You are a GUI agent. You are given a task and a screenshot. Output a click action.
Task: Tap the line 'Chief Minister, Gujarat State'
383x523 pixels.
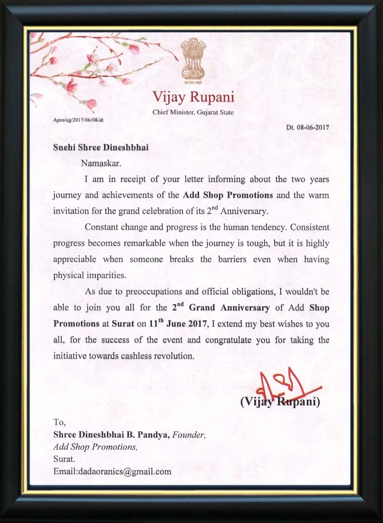tap(193, 112)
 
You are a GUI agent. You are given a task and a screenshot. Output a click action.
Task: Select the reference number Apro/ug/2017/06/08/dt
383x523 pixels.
tap(78, 120)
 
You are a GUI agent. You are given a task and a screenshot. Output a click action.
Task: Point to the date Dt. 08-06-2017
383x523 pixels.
tap(308, 127)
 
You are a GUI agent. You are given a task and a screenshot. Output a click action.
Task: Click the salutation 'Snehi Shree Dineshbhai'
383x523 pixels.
tap(101, 148)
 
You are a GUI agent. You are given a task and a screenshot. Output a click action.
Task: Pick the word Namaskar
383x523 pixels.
tap(101, 163)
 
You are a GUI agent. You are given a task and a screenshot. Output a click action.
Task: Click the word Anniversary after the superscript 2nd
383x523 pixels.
tap(244, 211)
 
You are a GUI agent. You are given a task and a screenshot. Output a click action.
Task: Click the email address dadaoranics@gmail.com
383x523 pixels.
tap(112, 472)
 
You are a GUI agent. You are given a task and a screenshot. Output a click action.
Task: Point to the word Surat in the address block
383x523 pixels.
tap(64, 459)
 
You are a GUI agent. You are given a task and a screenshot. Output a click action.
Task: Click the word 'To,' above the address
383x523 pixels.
tap(60, 422)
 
